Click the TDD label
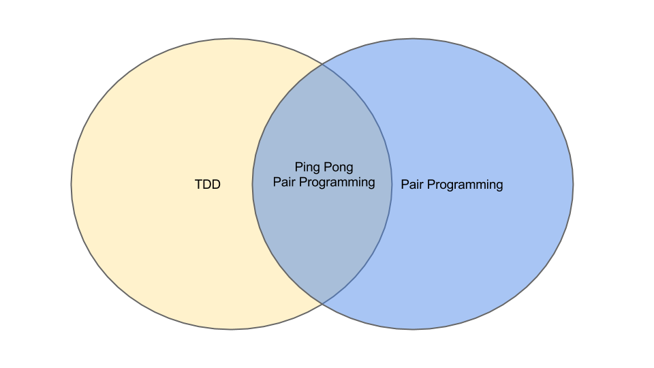coord(208,185)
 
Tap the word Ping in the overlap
coord(307,168)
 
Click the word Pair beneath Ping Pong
coord(285,182)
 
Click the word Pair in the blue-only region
coord(412,185)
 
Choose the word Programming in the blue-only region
coord(465,185)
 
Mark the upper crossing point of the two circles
coord(322,64)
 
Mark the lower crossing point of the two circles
coord(322,303)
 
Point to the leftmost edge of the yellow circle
coord(72,184)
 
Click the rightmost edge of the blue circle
coord(573,184)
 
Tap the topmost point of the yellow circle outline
coord(232,39)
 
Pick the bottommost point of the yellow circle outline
coord(232,329)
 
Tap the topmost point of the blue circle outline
coord(413,39)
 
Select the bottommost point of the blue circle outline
coord(413,329)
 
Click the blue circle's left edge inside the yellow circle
coord(253,184)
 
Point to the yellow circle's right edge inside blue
coord(392,184)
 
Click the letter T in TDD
coord(198,185)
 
